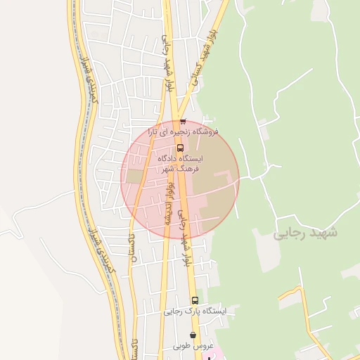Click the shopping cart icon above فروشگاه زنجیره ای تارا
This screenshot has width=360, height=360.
(183, 121)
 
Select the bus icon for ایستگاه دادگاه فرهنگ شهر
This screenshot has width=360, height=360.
(181, 148)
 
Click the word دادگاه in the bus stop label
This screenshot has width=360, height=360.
(172, 160)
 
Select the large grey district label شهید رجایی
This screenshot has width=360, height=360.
(305, 232)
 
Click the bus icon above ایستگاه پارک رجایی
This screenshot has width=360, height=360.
(195, 300)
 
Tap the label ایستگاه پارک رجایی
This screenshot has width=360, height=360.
(195, 311)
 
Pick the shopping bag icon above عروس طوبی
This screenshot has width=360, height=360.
(193, 335)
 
